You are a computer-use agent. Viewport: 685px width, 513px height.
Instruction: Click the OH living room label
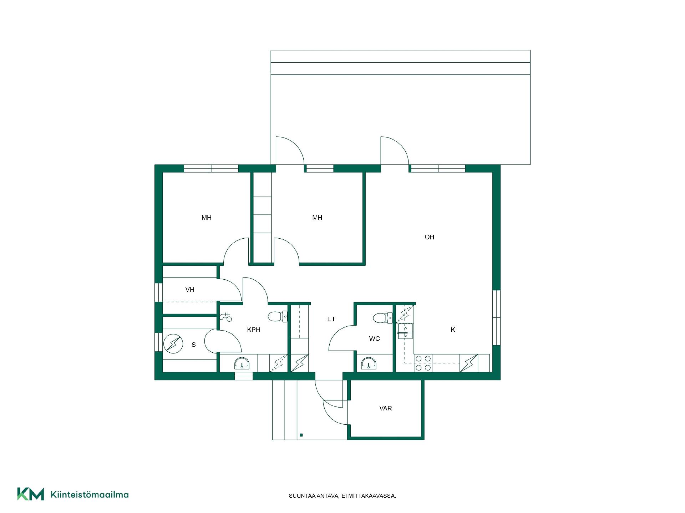click(429, 237)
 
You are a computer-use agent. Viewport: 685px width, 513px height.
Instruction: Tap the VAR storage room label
click(386, 408)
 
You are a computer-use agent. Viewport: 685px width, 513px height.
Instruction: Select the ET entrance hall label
click(331, 319)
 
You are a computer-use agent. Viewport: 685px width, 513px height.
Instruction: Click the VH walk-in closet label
click(190, 290)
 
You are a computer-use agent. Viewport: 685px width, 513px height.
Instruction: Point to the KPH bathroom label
click(254, 330)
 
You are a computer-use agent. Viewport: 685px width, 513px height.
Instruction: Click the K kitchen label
click(453, 330)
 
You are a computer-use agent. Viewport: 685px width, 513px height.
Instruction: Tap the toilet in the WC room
click(383, 318)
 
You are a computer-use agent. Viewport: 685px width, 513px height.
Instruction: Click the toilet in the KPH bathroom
click(278, 316)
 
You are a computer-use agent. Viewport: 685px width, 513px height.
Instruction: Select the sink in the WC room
click(369, 363)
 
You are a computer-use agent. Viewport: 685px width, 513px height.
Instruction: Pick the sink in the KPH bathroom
click(242, 363)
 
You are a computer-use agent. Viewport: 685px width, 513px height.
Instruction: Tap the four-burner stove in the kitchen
click(423, 363)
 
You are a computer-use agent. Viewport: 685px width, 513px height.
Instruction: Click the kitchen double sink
click(405, 331)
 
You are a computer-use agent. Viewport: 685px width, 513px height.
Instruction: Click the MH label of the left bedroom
click(207, 218)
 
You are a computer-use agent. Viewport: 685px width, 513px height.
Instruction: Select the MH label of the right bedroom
click(317, 218)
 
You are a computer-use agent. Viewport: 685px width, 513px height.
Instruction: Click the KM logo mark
click(31, 494)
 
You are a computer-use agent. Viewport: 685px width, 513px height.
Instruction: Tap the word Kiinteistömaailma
click(90, 494)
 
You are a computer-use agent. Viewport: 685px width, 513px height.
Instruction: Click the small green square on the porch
click(301, 435)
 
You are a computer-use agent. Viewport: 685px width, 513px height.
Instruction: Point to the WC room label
click(375, 339)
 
